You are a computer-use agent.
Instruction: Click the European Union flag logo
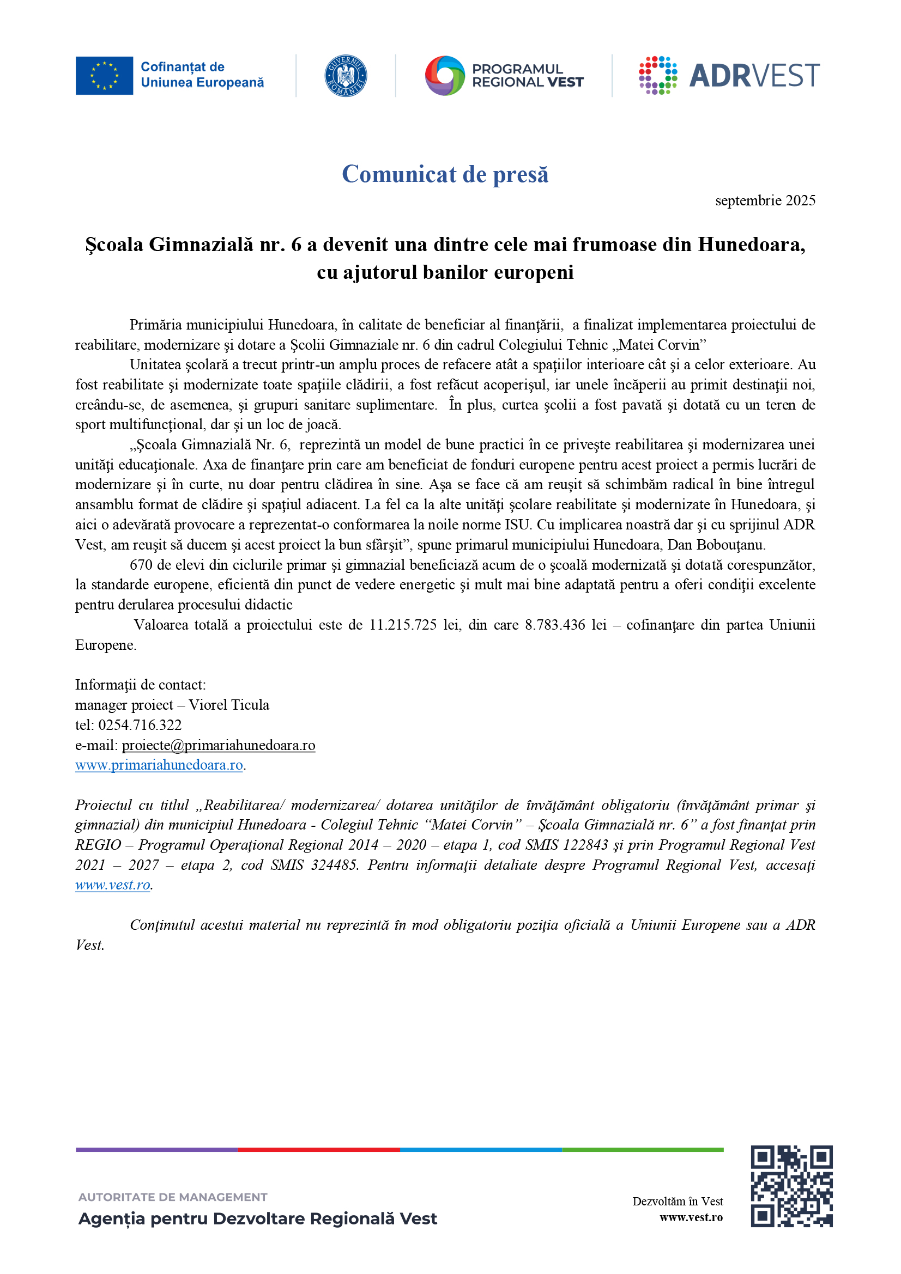(x=104, y=76)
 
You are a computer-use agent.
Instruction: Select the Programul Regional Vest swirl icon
(x=445, y=76)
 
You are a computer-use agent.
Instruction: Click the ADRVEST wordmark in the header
(x=754, y=76)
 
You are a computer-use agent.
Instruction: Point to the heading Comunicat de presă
(x=445, y=174)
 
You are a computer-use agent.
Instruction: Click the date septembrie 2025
(x=764, y=200)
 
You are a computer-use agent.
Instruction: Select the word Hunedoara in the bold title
(x=750, y=245)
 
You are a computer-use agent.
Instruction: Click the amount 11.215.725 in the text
(x=402, y=625)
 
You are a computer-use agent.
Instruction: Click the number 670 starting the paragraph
(x=141, y=565)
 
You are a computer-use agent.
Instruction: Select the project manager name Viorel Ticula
(x=229, y=705)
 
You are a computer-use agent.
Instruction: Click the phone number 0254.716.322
(x=140, y=724)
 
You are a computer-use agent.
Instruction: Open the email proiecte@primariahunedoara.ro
(x=218, y=745)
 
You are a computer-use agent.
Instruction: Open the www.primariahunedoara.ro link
(x=159, y=765)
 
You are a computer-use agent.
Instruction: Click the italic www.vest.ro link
(x=113, y=885)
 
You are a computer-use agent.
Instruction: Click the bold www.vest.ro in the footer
(x=691, y=1217)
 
